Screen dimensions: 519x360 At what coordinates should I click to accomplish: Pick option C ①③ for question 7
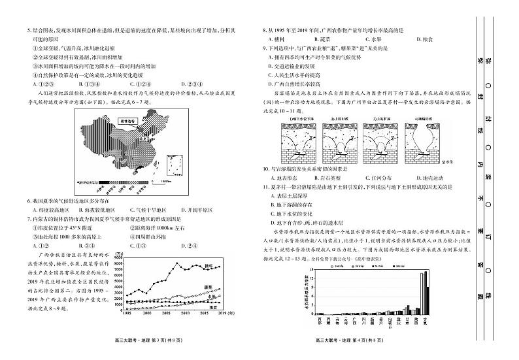point(137,245)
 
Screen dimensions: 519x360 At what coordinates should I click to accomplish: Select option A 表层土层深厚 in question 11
point(291,195)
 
